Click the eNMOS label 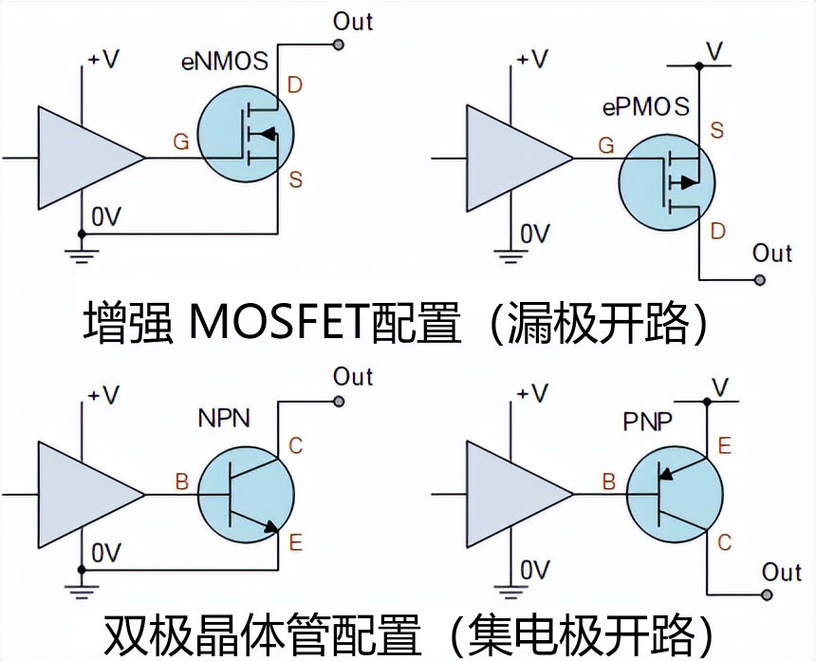pos(225,64)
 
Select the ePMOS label pos(645,107)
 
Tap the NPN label pos(224,418)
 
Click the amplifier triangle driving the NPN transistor pos(85,495)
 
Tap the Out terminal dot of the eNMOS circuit pos(338,44)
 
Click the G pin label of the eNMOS pos(180,142)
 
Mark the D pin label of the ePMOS pos(717,231)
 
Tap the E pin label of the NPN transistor pos(295,543)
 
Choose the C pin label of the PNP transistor pos(725,542)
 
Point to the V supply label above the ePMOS pos(718,48)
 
